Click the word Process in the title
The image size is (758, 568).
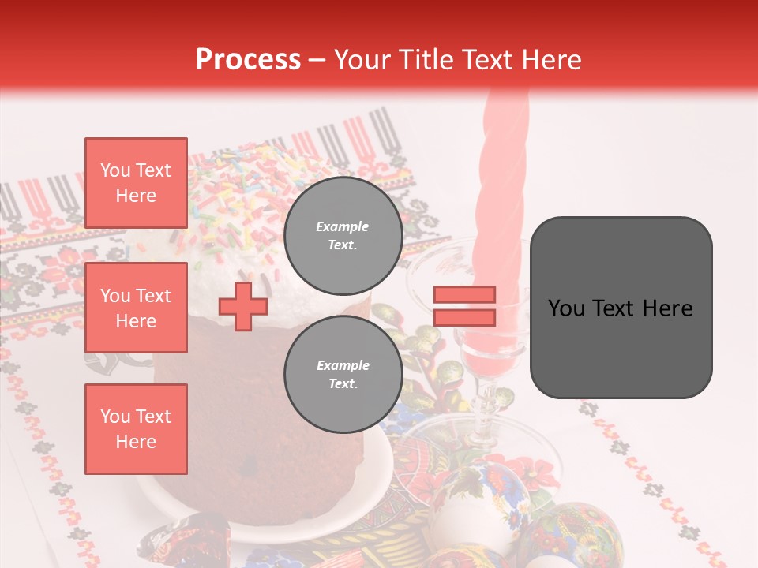pos(248,60)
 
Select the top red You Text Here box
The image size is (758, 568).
pos(136,183)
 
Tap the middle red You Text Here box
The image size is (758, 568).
pos(136,308)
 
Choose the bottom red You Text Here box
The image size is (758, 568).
pos(136,429)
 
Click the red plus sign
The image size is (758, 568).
pos(243,305)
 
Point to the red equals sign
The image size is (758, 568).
pos(464,306)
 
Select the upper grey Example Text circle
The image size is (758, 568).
pos(343,236)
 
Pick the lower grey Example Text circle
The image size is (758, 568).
pos(343,375)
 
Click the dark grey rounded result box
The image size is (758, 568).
pos(621,308)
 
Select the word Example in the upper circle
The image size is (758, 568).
pos(343,226)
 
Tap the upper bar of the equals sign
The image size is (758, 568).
pos(464,295)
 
